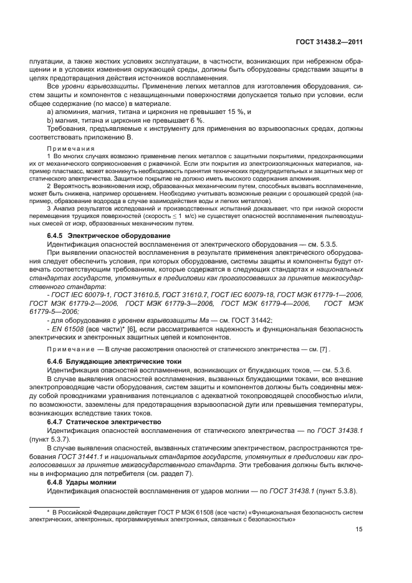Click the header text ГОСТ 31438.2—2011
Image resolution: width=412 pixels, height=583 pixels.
[328, 42]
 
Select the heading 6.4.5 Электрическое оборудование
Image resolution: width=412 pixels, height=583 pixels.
[100, 236]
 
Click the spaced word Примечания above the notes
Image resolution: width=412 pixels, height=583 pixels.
[70, 149]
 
